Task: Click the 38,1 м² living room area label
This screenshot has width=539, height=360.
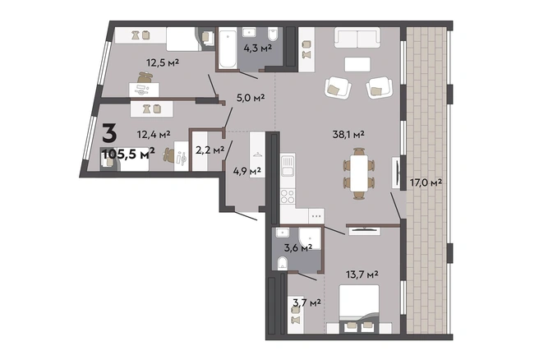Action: click(x=348, y=135)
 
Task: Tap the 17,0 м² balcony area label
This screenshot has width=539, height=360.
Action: click(x=426, y=182)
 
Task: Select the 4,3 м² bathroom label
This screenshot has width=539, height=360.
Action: click(x=258, y=48)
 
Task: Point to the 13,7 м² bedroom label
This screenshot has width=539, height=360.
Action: click(x=362, y=275)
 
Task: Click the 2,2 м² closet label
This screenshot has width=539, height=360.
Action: click(x=210, y=150)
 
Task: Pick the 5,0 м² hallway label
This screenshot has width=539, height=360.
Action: click(x=251, y=98)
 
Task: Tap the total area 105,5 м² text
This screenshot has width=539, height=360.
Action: click(x=129, y=154)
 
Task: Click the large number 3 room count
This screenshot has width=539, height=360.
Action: click(x=109, y=134)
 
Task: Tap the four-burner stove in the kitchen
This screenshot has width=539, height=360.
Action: click(x=288, y=196)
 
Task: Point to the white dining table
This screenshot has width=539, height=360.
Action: click(x=359, y=173)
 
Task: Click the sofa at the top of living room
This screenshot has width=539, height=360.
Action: click(x=357, y=38)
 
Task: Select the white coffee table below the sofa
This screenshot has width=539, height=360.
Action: click(x=357, y=64)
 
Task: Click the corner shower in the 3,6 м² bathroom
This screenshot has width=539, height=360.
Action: click(x=310, y=238)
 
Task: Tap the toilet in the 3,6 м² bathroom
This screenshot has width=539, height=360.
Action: click(x=283, y=263)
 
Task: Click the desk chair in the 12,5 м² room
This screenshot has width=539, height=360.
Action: click(x=145, y=78)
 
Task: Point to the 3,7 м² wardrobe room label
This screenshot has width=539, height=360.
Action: click(x=306, y=302)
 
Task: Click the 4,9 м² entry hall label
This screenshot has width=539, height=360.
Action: click(x=246, y=170)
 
